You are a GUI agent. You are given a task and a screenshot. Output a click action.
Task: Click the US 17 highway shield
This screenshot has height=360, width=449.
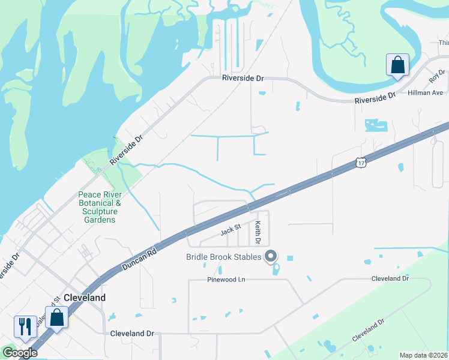click(x=360, y=163)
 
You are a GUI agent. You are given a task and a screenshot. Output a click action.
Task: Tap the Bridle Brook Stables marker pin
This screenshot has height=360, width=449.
click(x=271, y=257)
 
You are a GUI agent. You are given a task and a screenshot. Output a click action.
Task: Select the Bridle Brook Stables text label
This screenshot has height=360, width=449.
click(x=223, y=257)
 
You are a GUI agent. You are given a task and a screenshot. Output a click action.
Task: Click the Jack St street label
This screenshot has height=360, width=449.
click(x=230, y=228)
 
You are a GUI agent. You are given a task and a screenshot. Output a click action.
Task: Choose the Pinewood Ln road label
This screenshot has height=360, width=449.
click(x=226, y=280)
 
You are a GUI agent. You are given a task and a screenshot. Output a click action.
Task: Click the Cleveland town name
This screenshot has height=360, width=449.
click(x=85, y=298)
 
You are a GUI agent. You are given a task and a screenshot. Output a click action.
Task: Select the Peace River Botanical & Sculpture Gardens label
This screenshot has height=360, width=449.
click(x=100, y=207)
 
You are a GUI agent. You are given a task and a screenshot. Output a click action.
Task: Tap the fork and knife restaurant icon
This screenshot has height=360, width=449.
click(x=25, y=326)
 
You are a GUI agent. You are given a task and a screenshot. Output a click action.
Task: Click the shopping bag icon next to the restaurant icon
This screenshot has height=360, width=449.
click(x=56, y=317)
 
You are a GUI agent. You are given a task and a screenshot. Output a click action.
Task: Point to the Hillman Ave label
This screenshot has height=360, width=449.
click(x=425, y=93)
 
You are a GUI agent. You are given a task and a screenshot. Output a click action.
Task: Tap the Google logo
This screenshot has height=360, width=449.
click(x=20, y=353)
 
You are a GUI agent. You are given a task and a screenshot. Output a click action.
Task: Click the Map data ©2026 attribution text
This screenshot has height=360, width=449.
click(x=423, y=355)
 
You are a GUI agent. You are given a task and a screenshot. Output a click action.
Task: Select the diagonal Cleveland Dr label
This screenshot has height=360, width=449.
click(x=368, y=331)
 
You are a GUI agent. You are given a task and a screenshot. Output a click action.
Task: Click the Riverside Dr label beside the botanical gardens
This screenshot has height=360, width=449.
click(x=127, y=149)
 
